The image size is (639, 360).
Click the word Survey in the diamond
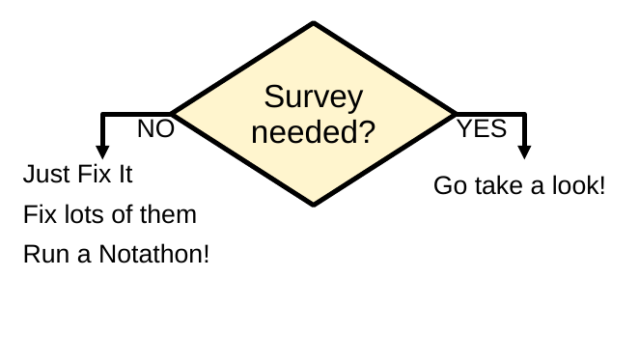click(314, 97)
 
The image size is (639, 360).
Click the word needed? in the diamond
click(314, 131)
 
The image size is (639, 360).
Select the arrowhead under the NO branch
click(102, 151)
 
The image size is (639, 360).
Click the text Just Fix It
click(77, 176)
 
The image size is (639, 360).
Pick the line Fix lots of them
click(109, 214)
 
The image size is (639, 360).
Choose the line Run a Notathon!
click(116, 255)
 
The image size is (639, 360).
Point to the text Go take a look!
click(519, 185)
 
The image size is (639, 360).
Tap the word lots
click(88, 214)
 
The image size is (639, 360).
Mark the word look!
click(580, 185)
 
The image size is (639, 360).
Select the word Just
click(43, 176)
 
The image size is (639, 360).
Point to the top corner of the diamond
click(314, 23)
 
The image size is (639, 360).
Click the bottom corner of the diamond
click(314, 204)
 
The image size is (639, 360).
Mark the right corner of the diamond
click(457, 114)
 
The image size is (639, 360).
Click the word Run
click(42, 255)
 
